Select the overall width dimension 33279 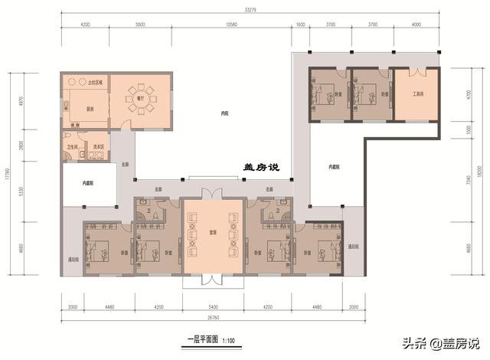click(x=250, y=10)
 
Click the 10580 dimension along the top click(x=231, y=25)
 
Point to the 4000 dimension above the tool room click(x=416, y=25)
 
